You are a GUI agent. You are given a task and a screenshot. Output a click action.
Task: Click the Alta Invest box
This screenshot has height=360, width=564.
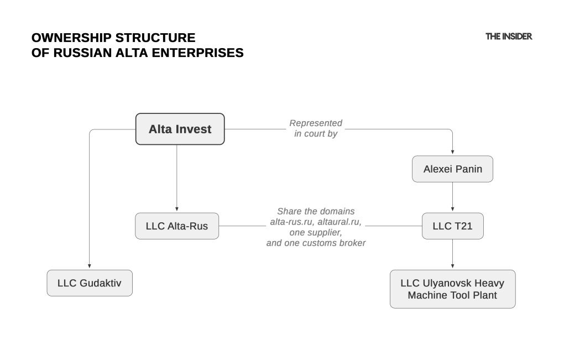[x=180, y=129]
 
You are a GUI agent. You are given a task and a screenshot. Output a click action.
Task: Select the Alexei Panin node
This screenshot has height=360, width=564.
[x=452, y=169]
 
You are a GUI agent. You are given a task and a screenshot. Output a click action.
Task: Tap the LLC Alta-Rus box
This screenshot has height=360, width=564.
[x=177, y=226]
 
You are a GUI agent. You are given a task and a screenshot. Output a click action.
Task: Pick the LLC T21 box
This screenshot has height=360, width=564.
[x=452, y=226]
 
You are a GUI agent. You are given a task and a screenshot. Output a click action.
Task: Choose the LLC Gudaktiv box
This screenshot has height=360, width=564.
[x=90, y=283]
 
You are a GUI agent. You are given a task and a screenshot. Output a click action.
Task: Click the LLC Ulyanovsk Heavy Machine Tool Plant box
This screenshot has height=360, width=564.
[x=452, y=289]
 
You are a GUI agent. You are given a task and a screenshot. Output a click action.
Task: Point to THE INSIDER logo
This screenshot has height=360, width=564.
[x=509, y=36]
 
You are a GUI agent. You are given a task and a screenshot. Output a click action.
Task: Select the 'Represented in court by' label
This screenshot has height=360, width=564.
[x=315, y=128]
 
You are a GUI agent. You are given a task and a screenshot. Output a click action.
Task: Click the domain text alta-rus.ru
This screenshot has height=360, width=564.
[x=289, y=222]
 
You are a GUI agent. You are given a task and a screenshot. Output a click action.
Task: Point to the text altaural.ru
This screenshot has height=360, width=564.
[x=341, y=222]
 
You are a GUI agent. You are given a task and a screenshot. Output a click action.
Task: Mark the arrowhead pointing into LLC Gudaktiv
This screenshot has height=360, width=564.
[x=90, y=267]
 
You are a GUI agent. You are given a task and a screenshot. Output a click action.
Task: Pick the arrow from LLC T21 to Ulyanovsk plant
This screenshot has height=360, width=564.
[x=452, y=254]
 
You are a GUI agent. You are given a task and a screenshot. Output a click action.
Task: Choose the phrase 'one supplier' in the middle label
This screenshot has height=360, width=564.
[x=315, y=232]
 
